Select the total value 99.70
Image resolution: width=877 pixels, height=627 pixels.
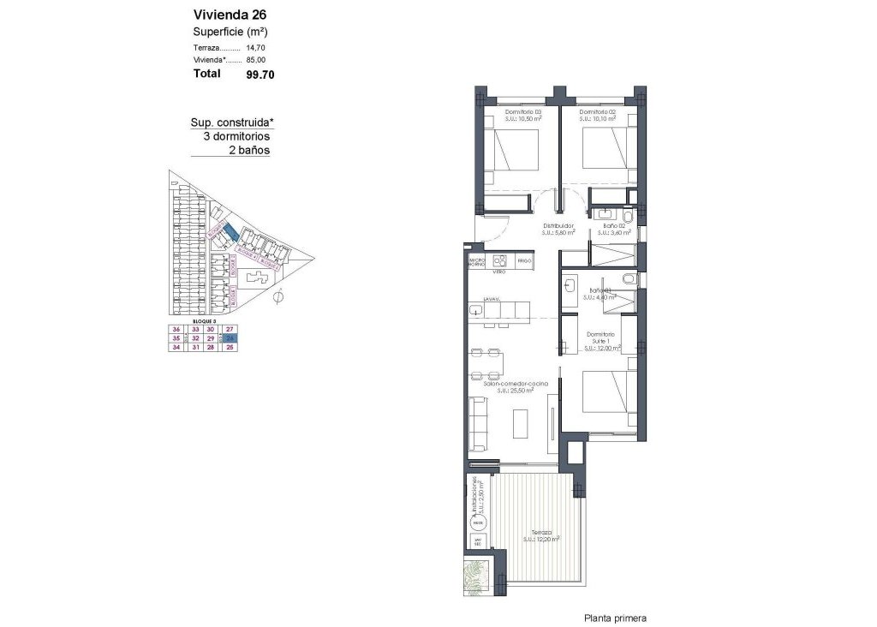point(260,75)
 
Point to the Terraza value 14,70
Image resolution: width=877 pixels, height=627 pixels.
point(256,50)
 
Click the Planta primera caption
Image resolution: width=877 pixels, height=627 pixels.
point(615,618)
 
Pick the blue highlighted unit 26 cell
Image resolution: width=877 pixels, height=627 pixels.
point(230,338)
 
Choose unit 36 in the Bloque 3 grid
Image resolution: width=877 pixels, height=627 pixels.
point(176,330)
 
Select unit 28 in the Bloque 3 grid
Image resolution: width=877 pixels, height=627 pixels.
point(210,347)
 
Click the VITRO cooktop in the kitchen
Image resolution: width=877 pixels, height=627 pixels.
point(498,260)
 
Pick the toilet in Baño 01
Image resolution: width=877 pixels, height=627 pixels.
point(629,278)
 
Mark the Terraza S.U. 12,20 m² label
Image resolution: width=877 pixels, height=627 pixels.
point(542,536)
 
